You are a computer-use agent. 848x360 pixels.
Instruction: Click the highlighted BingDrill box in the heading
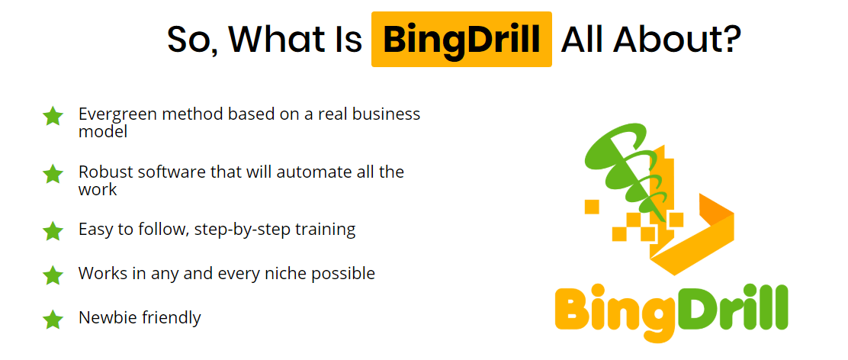461,40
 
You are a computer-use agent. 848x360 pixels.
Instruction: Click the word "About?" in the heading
676,40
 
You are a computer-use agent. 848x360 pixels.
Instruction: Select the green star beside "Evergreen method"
53,116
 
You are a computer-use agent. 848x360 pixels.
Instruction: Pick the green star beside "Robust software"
53,174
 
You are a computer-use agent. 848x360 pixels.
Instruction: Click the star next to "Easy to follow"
53,231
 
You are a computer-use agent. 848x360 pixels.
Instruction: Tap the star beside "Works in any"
53,275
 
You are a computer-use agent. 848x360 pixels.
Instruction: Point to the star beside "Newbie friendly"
53,319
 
